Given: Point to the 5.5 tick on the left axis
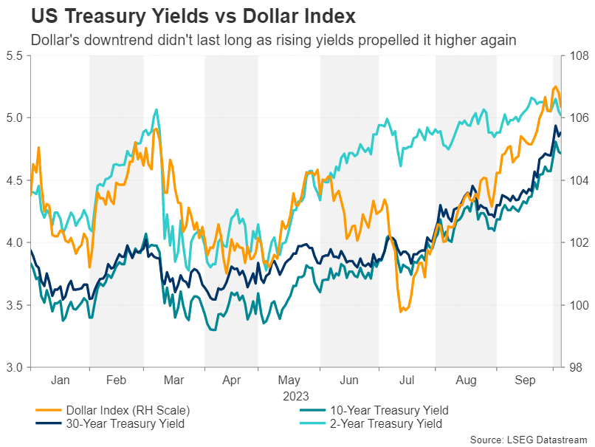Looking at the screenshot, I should click(14, 55).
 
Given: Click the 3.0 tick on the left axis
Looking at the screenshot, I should click(14, 367).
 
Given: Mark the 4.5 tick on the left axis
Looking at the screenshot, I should click(14, 180).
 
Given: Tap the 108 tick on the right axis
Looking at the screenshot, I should click(577, 55).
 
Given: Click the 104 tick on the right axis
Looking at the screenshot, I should click(577, 180).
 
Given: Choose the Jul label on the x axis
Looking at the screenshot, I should click(407, 380).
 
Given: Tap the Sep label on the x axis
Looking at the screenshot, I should click(524, 380).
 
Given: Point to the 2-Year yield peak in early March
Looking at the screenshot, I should click(156, 109).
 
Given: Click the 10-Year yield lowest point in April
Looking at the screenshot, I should click(213, 330).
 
